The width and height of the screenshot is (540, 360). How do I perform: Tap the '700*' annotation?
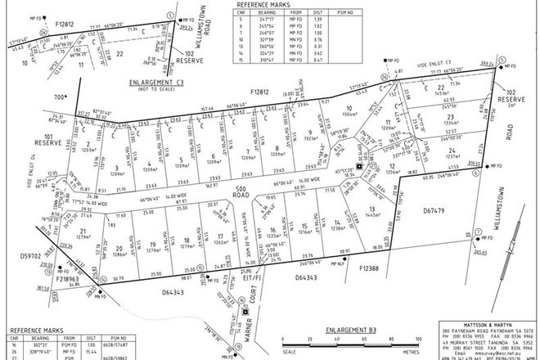pyautogui.click(x=60, y=96)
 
